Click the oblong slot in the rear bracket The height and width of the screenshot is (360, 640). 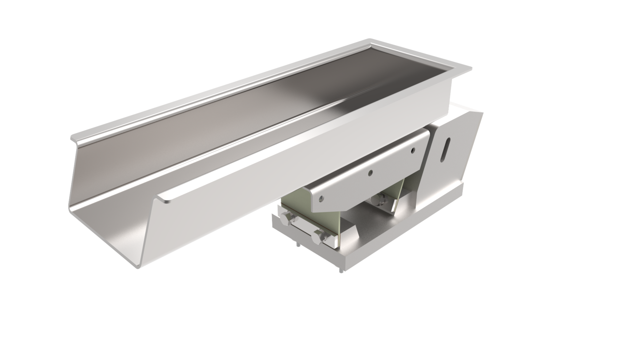445,148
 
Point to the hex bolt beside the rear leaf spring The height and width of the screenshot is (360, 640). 379,200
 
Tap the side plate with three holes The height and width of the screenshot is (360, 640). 367,175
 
